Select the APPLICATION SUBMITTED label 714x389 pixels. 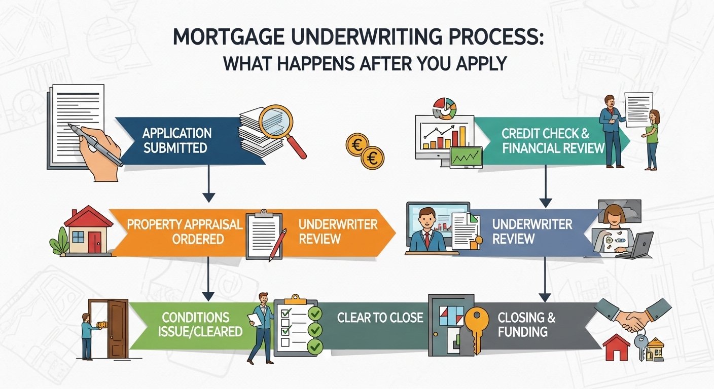176,140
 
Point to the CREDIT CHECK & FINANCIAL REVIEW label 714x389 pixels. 553,140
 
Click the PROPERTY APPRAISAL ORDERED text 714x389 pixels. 185,231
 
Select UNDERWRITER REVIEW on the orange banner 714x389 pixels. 338,231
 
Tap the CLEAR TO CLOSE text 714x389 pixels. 380,318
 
